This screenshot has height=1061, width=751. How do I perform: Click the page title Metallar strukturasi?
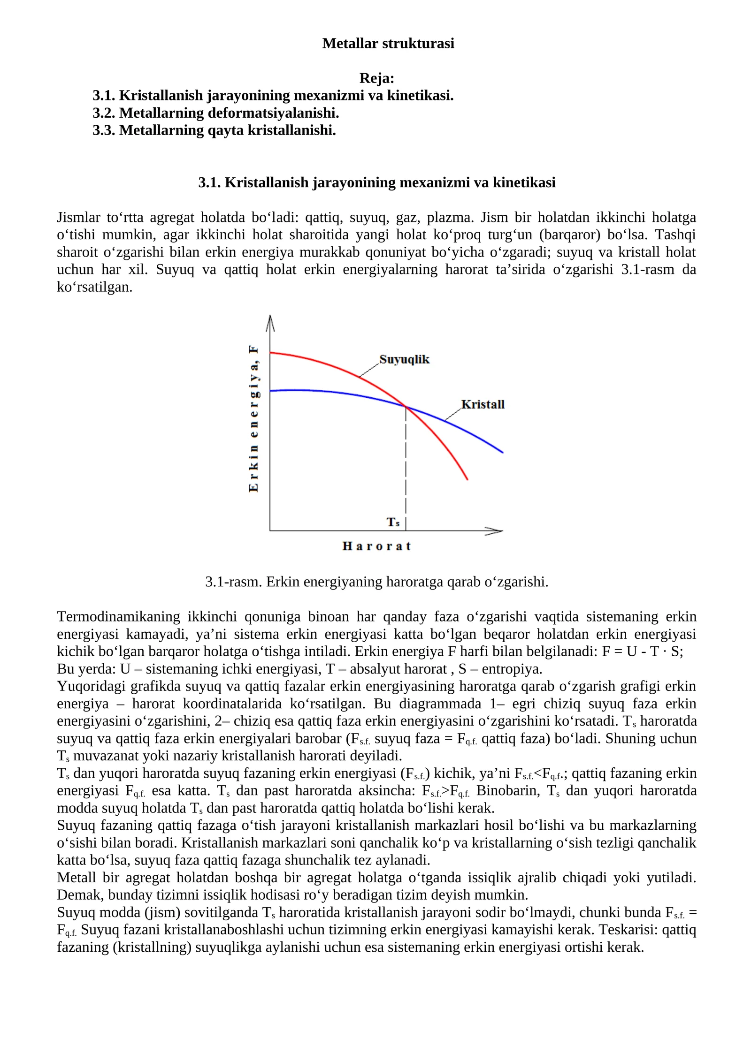(x=388, y=44)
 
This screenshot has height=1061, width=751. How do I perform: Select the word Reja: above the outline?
(x=376, y=78)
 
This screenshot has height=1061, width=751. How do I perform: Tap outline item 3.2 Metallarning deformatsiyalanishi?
(x=215, y=113)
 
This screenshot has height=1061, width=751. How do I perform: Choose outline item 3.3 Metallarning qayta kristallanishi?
(x=214, y=130)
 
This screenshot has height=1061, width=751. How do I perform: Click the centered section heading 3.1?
(x=376, y=182)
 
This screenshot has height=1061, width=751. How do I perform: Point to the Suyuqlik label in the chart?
(x=404, y=359)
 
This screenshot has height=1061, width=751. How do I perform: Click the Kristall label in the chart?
(x=483, y=404)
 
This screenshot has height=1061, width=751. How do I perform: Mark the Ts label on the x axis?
(x=393, y=522)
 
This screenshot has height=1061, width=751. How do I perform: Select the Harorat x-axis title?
(x=376, y=546)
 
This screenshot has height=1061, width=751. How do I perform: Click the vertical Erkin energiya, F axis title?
(x=253, y=418)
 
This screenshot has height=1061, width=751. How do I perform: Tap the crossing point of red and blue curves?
(x=406, y=407)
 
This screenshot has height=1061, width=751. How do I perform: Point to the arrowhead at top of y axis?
(x=270, y=322)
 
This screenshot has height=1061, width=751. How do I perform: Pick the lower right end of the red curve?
(x=467, y=479)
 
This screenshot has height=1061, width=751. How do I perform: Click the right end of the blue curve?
(x=502, y=452)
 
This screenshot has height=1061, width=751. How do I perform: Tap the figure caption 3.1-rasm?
(x=376, y=582)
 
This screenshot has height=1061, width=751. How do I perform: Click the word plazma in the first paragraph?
(x=446, y=218)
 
